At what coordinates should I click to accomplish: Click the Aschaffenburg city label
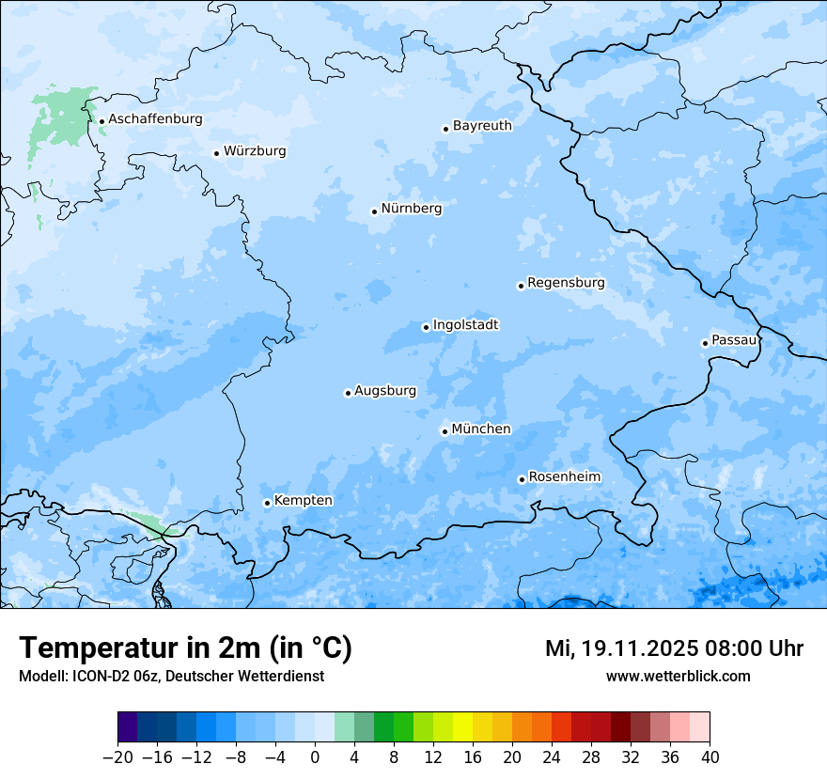(x=155, y=119)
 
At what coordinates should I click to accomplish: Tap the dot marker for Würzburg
(x=217, y=153)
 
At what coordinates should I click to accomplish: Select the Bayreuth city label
(x=482, y=126)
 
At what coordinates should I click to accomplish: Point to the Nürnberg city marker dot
(x=374, y=211)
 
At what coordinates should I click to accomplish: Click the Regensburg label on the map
(x=566, y=283)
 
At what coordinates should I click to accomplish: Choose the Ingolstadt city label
(x=465, y=325)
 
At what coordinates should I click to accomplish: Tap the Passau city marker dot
(x=705, y=343)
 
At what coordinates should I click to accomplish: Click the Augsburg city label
(x=384, y=391)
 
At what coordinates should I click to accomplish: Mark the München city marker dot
(x=445, y=431)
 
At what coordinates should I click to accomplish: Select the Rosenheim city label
(x=564, y=477)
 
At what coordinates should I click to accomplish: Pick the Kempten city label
(x=303, y=501)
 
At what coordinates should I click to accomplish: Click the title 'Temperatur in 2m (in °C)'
(x=185, y=647)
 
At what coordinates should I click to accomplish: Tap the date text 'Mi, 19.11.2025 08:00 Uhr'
(x=674, y=648)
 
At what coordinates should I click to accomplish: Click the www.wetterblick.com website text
(x=678, y=676)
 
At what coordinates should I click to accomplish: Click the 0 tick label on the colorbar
(x=315, y=757)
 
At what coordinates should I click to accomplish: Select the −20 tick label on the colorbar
(x=117, y=757)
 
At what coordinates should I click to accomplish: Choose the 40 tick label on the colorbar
(x=710, y=757)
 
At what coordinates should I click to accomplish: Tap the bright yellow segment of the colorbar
(x=462, y=727)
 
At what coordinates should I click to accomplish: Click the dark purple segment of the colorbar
(x=128, y=727)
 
